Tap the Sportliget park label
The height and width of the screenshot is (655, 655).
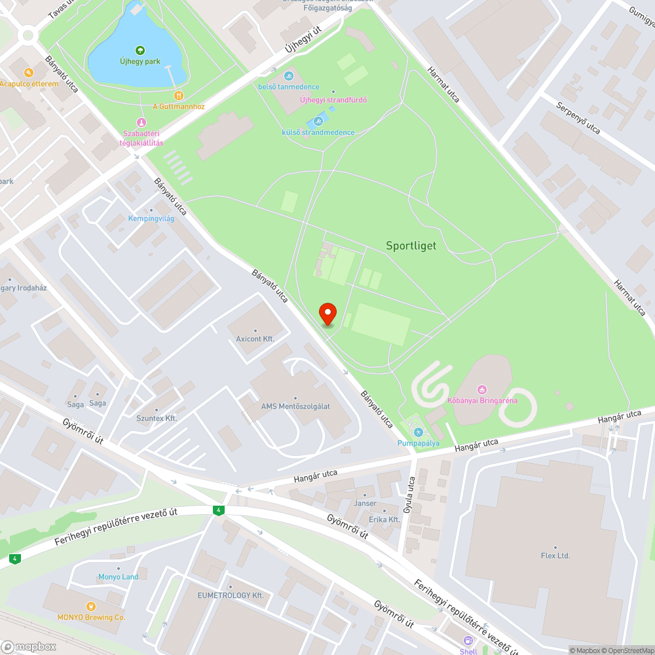(x=411, y=246)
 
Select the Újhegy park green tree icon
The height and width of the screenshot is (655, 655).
(x=140, y=50)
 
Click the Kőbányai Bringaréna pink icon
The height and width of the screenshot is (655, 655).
(x=483, y=390)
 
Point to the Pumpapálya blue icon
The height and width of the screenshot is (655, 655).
(x=418, y=432)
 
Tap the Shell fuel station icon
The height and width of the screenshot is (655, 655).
(x=468, y=641)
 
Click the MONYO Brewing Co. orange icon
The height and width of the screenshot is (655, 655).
(x=91, y=606)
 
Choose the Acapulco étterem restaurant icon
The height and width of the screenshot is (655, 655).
(x=28, y=73)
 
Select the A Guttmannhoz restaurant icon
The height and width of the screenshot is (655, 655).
(x=179, y=96)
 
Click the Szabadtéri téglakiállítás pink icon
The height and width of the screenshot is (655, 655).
(x=141, y=122)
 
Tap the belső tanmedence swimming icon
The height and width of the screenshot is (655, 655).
(x=288, y=76)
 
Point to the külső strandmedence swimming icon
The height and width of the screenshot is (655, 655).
(x=318, y=121)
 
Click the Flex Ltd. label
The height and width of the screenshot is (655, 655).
(x=555, y=555)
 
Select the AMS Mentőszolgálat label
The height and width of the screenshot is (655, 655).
(x=295, y=406)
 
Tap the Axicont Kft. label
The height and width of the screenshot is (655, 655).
(x=255, y=339)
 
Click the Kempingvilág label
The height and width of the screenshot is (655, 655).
(x=151, y=218)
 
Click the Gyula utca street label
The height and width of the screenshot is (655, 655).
(x=411, y=497)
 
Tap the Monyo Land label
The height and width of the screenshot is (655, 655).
(x=119, y=577)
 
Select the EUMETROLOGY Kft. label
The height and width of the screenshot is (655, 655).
(x=231, y=595)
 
